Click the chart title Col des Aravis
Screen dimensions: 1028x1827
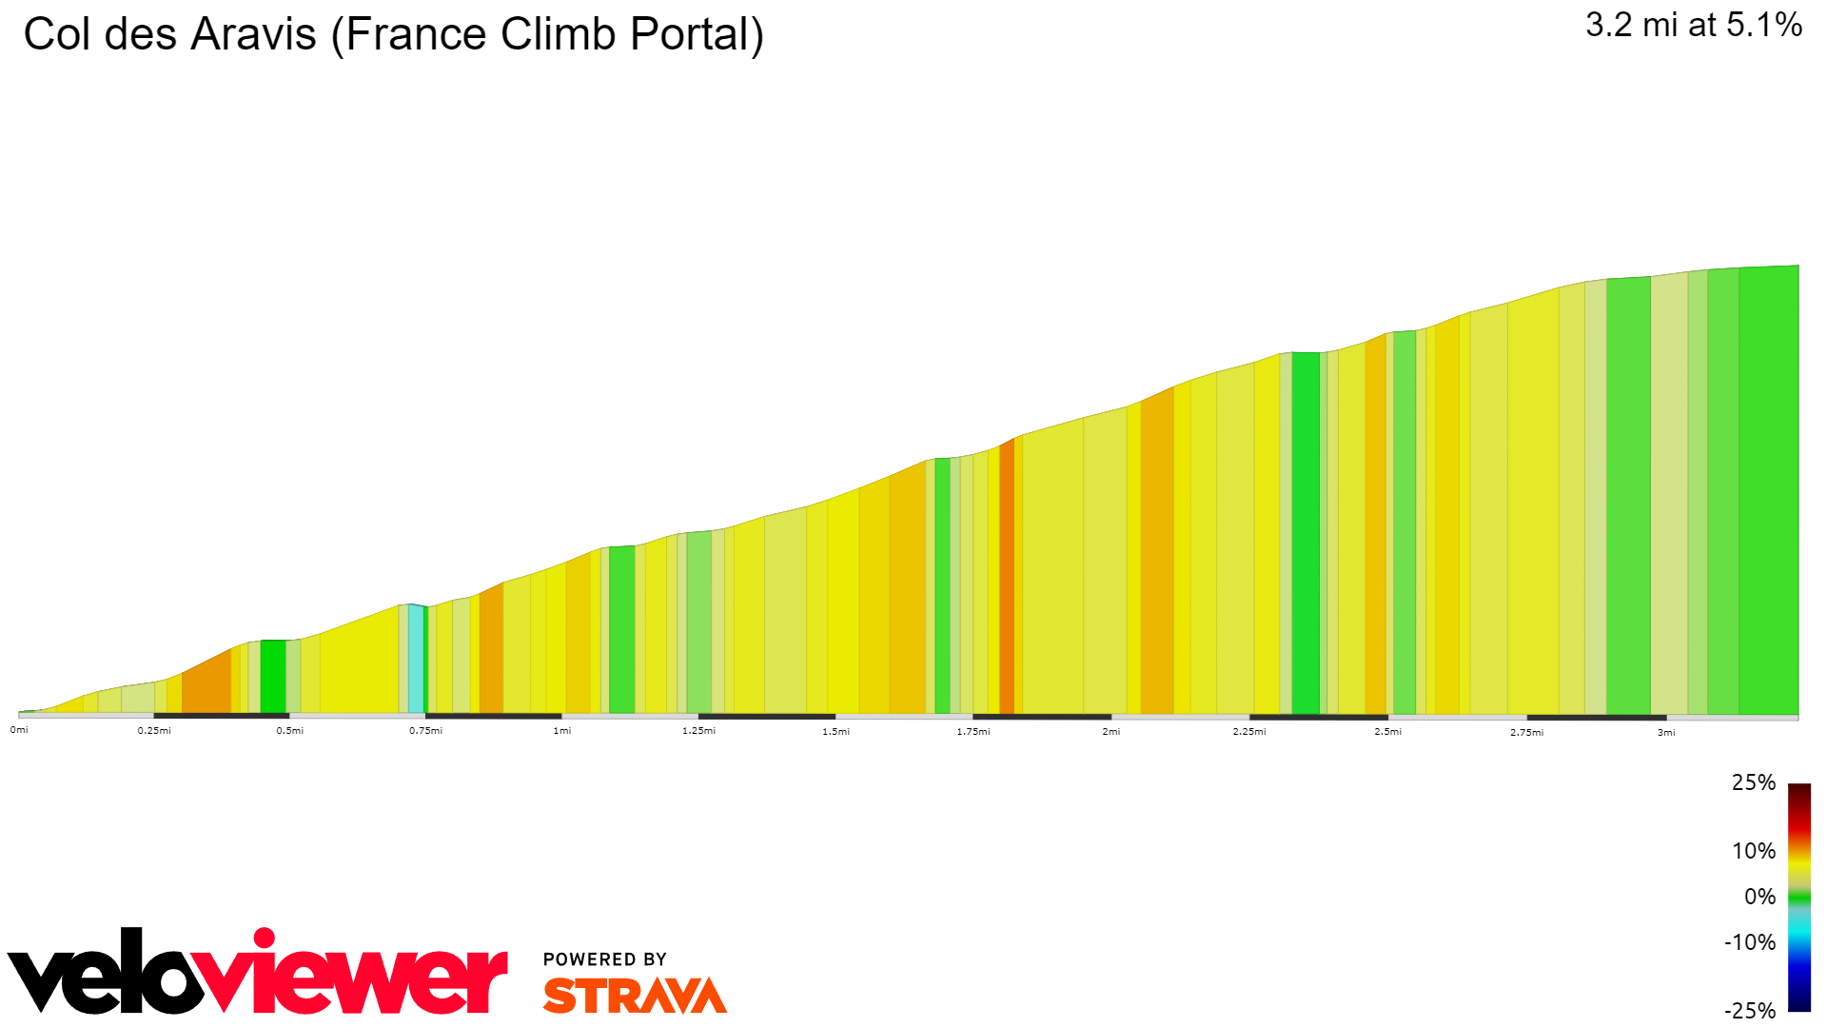point(393,35)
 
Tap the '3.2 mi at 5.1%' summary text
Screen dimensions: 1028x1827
point(1693,25)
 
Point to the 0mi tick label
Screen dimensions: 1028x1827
point(19,730)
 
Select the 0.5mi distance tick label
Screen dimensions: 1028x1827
point(290,731)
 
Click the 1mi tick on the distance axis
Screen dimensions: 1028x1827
point(562,731)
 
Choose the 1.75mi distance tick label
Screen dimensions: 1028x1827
point(973,732)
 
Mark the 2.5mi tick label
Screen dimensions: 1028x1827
point(1387,732)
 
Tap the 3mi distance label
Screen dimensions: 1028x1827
point(1666,733)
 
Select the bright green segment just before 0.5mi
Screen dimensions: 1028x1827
point(273,677)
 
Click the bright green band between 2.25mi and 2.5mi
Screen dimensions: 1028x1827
point(1306,533)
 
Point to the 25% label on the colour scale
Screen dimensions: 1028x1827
point(1753,782)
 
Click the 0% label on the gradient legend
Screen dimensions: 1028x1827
point(1759,897)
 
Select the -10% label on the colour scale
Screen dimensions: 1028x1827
point(1750,942)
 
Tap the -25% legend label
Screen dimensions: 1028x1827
point(1750,1011)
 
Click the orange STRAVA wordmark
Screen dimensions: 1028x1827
point(635,996)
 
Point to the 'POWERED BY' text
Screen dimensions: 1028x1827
point(605,959)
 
